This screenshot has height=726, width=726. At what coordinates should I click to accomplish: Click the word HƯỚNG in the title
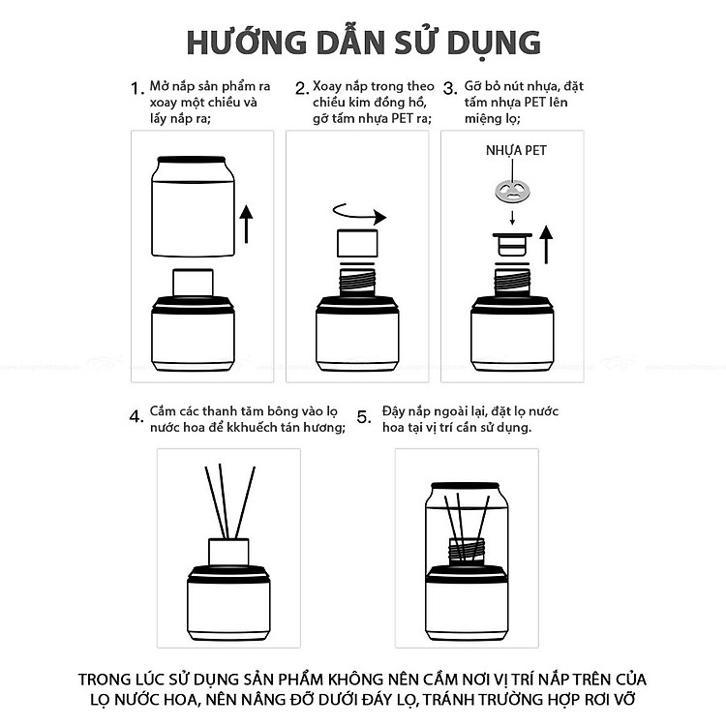point(247,42)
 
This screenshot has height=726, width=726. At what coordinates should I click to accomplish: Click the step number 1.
point(137,88)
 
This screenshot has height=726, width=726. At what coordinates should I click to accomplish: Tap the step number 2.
point(302,88)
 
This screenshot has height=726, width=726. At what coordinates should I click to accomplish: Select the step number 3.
point(450,88)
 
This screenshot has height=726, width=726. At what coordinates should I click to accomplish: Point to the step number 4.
point(136,416)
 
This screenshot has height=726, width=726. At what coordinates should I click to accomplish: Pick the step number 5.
point(364,416)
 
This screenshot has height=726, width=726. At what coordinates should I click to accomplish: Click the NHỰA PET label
point(516,150)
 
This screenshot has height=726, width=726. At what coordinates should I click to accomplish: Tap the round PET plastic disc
point(512,191)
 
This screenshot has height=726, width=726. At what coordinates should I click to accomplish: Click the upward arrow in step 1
point(246,225)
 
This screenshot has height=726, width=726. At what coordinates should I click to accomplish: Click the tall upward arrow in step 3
point(547,245)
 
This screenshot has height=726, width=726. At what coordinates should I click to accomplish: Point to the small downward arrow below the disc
point(512,218)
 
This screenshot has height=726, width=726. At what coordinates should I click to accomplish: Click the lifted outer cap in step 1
point(193,206)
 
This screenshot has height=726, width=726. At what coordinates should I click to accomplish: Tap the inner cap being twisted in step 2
point(357,243)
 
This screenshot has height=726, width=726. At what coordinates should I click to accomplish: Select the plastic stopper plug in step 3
point(512,245)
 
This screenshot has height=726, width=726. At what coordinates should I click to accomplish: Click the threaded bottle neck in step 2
point(357,281)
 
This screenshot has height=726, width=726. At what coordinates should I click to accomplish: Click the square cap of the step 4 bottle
point(228,552)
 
